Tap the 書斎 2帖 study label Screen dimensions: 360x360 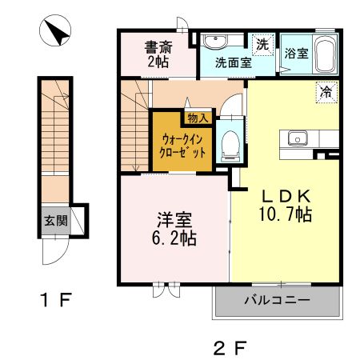coord(156,53)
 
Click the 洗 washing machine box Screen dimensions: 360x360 coord(262,42)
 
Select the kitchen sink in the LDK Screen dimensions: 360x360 coord(297,138)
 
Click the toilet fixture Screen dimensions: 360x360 coord(230,142)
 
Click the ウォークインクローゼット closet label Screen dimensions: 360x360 coord(182,146)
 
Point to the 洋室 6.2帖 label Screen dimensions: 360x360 coord(174,229)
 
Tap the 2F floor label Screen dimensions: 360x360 coord(228,347)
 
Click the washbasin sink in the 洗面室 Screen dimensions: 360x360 coord(215,42)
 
